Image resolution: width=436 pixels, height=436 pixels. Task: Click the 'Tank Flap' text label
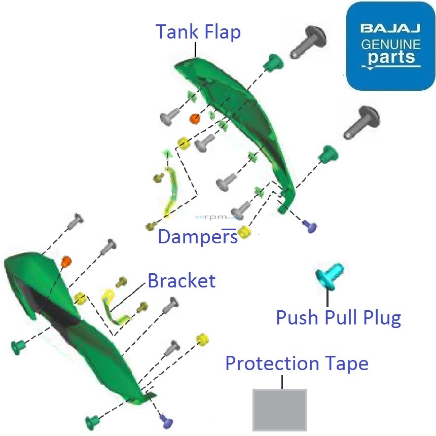click(198, 31)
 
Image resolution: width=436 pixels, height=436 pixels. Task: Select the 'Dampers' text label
click(198, 236)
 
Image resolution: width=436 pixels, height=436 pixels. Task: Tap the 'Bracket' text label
click(181, 280)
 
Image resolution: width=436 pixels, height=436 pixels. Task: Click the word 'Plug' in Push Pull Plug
click(382, 318)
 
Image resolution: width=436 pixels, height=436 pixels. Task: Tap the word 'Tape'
click(346, 364)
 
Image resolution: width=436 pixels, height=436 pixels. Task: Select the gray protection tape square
click(280, 410)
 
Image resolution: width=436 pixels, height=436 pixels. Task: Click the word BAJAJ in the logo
click(390, 28)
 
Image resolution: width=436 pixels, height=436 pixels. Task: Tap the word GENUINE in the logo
click(390, 45)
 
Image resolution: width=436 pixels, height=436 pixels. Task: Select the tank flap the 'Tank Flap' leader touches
click(238, 112)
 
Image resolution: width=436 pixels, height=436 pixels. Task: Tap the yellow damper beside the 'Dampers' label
click(245, 232)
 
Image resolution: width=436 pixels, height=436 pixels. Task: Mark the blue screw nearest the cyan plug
click(309, 226)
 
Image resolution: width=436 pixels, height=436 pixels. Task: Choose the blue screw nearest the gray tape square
click(166, 419)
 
